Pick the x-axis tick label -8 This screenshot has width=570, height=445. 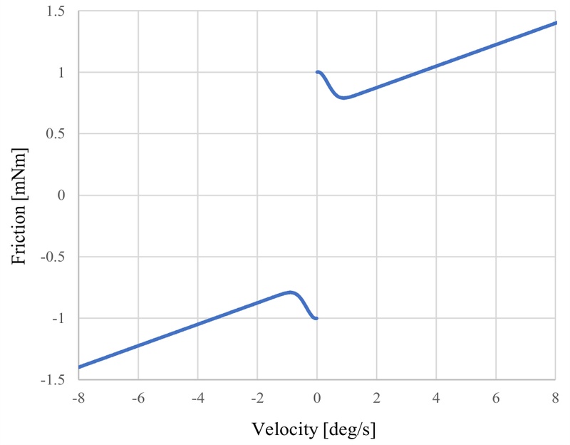coord(78,397)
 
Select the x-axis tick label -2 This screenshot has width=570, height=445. coord(257,397)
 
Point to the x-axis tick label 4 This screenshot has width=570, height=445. coord(437,397)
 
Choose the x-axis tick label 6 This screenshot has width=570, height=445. coord(497,397)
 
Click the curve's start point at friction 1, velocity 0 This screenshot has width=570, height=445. coord(318,72)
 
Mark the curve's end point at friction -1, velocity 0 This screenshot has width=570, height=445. coord(316,318)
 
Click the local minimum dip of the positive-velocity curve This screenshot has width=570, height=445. coord(344,98)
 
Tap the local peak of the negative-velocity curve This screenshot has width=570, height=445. coord(290,292)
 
